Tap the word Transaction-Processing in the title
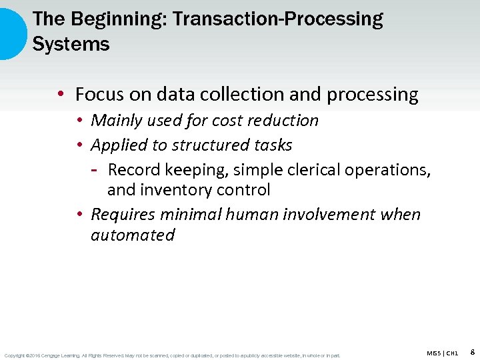(x=277, y=19)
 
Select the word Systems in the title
(x=71, y=45)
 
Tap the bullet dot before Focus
(x=61, y=95)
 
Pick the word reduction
(x=283, y=121)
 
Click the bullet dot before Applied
(x=79, y=145)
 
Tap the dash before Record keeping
(x=95, y=170)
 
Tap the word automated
(x=133, y=235)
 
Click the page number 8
(x=472, y=351)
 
